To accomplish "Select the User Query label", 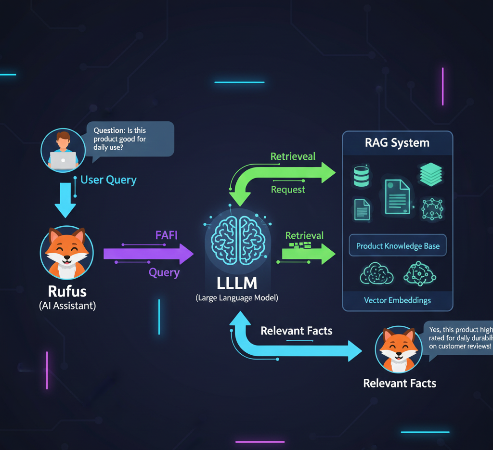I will (108, 180).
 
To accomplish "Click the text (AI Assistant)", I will (67, 306).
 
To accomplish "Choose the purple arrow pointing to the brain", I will (148, 254).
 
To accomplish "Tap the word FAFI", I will (167, 235).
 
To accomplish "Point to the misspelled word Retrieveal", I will (293, 156).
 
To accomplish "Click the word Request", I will (288, 190).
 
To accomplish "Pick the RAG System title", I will (397, 143).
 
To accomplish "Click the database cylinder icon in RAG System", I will (360, 176).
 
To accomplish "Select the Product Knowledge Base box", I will (398, 246).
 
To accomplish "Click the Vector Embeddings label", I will (397, 300).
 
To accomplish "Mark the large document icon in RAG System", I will (397, 196).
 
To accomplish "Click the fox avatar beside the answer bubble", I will (398, 350).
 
